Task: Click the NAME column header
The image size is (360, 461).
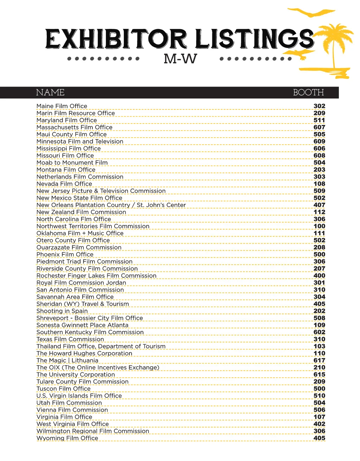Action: point(50,93)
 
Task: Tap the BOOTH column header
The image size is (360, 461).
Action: point(308,93)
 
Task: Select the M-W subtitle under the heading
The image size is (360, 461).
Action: point(180,59)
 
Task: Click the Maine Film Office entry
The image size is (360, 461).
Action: point(62,106)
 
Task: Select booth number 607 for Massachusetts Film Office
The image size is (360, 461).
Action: point(319,127)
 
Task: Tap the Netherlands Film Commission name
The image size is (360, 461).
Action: point(80,177)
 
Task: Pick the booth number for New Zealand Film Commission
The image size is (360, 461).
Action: point(319,212)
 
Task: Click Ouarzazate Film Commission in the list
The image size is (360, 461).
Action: point(79,247)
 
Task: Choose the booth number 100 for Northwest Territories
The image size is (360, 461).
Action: point(319,226)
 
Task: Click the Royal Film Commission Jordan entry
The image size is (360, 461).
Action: point(81,283)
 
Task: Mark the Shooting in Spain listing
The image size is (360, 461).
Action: point(62,311)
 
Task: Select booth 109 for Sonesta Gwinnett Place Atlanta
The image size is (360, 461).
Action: point(319,325)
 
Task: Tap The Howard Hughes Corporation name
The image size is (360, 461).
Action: point(84,353)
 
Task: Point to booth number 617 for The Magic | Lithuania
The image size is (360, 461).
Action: point(319,360)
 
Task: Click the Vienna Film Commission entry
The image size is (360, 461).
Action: point(72,410)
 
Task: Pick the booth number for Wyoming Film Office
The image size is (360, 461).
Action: point(319,438)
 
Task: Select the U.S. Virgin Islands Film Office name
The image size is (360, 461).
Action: point(79,396)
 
